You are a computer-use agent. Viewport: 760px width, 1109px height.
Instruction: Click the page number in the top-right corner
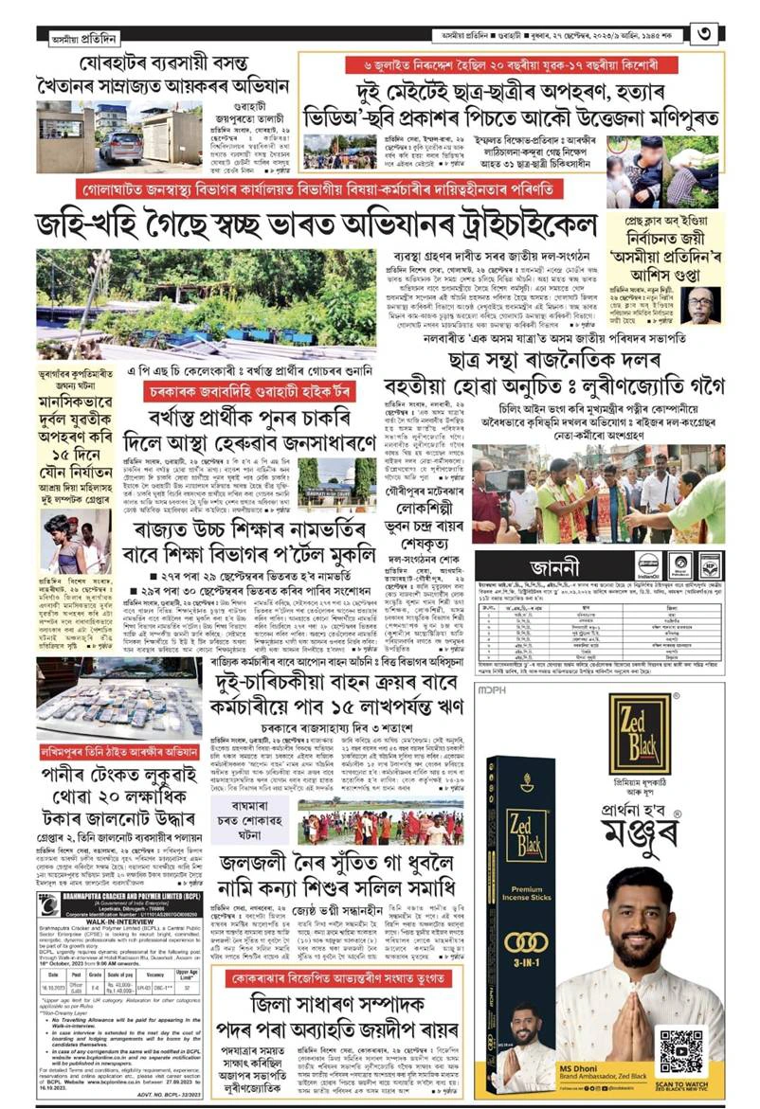tap(733, 35)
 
